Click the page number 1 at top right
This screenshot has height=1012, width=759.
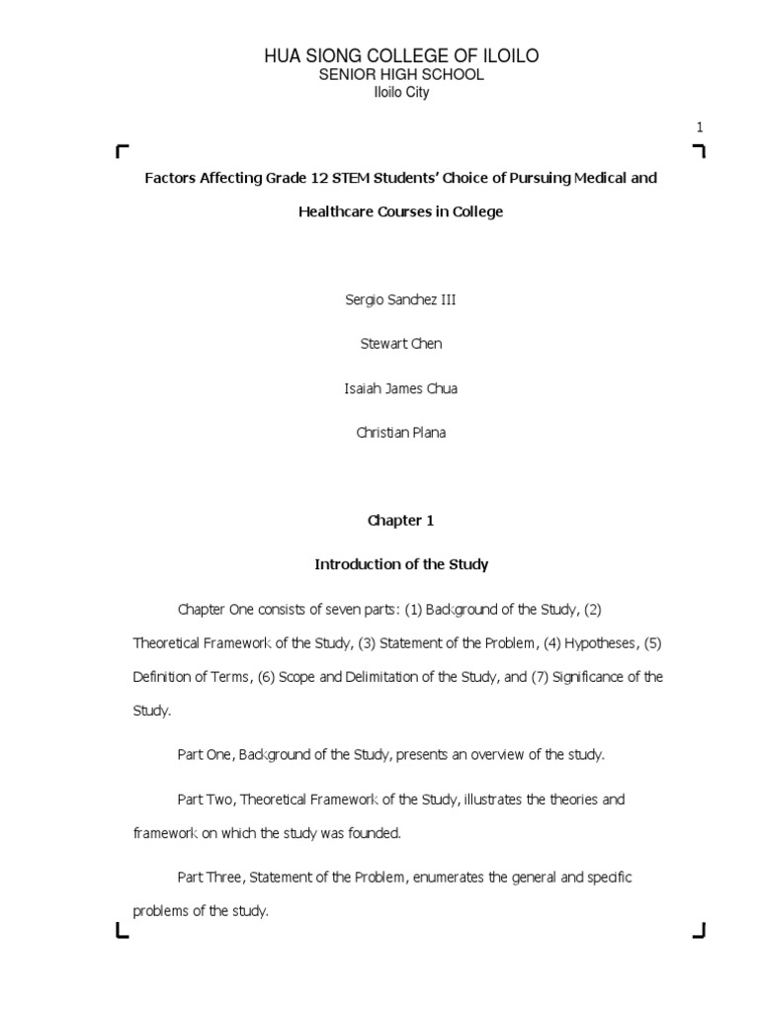click(x=700, y=126)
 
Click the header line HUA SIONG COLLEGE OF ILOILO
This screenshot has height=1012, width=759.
click(x=400, y=56)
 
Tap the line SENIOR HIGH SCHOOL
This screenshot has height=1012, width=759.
click(x=400, y=75)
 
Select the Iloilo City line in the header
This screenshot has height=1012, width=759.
click(x=400, y=93)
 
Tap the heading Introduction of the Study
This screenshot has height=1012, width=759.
click(x=400, y=564)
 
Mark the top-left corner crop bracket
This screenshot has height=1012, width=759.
click(x=122, y=150)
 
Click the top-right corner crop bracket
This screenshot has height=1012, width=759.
click(x=699, y=150)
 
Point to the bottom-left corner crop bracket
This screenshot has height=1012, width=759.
click(x=122, y=929)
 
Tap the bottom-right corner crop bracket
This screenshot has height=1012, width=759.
click(x=699, y=929)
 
